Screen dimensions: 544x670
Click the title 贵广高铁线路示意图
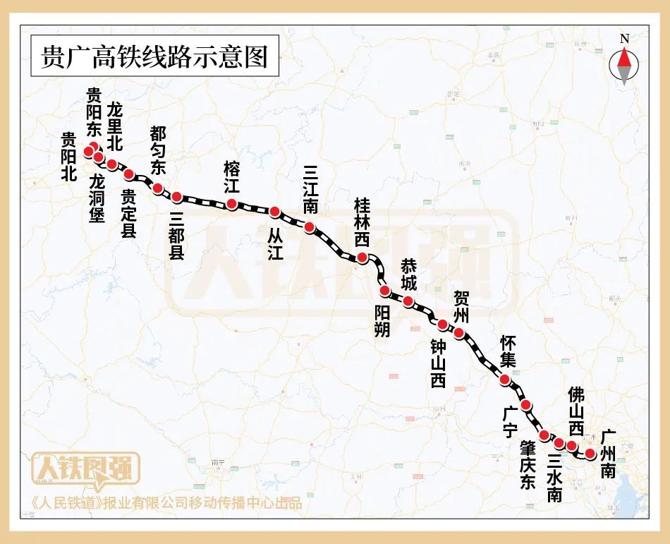coord(154,56)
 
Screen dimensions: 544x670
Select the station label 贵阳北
coord(68,157)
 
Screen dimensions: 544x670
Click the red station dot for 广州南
coord(591,454)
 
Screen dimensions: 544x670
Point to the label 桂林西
coord(362,222)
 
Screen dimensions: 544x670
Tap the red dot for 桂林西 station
coord(362,258)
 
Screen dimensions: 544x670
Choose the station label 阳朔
coord(382,321)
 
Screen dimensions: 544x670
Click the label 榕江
coord(231,176)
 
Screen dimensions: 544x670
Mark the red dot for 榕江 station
coord(231,205)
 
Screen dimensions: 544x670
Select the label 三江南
coord(310,191)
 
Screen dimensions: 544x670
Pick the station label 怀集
coord(508,351)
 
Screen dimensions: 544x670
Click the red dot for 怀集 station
coord(505,380)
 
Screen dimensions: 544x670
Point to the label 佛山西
coord(577,411)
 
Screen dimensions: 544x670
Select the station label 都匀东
coord(158,150)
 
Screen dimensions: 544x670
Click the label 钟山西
coord(438,364)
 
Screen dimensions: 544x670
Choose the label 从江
coord(275,243)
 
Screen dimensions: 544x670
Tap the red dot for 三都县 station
coord(176,197)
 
